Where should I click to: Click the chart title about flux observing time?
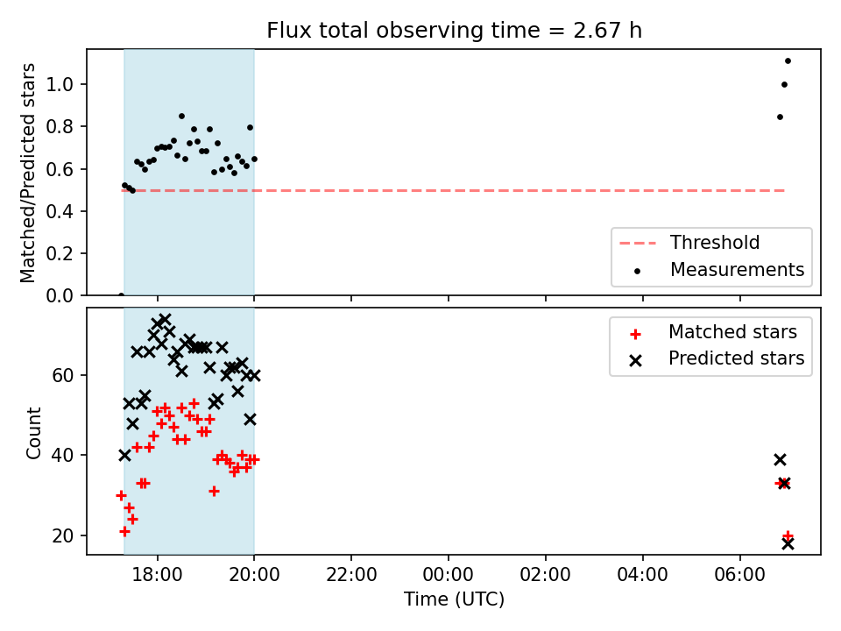[x=455, y=31]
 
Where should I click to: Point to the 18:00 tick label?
[x=157, y=575]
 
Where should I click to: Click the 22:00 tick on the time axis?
[x=351, y=575]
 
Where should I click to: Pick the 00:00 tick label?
[x=449, y=575]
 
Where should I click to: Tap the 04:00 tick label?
[x=642, y=575]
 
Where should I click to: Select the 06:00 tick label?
[x=739, y=575]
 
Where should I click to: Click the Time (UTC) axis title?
[x=455, y=599]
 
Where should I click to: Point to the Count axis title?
[x=33, y=432]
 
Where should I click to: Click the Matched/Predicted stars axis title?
[x=27, y=173]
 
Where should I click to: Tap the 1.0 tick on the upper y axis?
[x=60, y=84]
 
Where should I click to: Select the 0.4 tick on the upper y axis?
[x=60, y=211]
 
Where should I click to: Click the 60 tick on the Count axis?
[x=63, y=376]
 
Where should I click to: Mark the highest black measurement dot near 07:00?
[x=788, y=61]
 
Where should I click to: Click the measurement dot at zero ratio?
[x=121, y=295]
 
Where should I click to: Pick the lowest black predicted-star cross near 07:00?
[x=788, y=543]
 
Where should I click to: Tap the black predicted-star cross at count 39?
[x=780, y=460]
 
